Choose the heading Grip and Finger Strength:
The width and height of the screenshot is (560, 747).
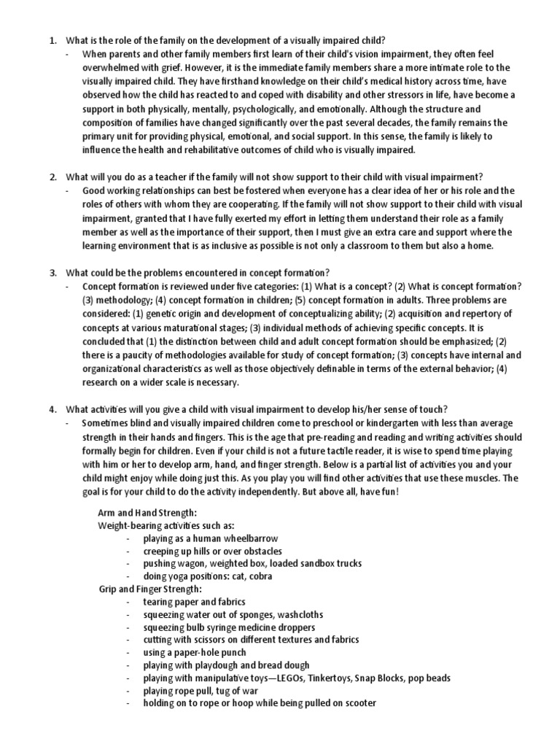pos(149,589)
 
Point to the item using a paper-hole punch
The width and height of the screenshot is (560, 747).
pos(195,652)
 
